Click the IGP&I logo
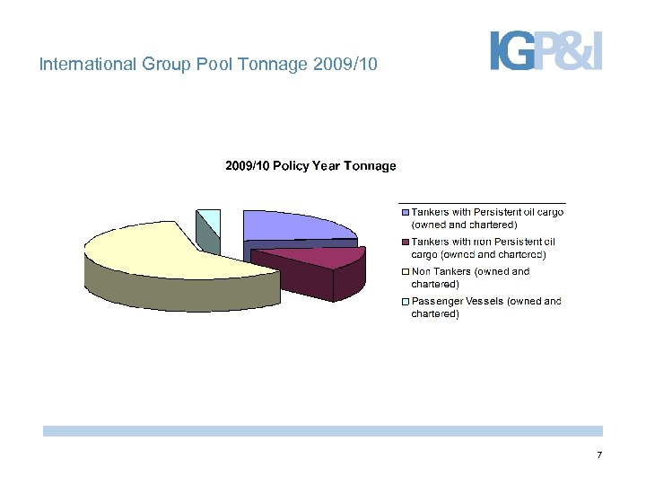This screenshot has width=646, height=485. [x=546, y=50]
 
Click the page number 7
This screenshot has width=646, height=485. [x=599, y=456]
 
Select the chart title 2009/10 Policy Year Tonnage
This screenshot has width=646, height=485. [x=310, y=166]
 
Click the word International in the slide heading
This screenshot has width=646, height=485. [x=83, y=65]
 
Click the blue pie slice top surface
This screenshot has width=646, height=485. [x=292, y=225]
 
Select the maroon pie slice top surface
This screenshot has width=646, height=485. [x=310, y=257]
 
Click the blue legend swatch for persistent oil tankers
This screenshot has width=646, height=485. [x=405, y=212]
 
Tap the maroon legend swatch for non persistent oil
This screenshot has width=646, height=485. [x=405, y=242]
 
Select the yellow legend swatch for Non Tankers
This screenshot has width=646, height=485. [x=405, y=271]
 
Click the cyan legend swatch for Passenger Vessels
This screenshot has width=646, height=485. [x=405, y=301]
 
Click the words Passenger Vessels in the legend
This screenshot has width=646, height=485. [x=457, y=301]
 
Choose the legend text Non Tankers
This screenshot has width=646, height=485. [x=441, y=271]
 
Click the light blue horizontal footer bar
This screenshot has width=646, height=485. [x=322, y=431]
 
